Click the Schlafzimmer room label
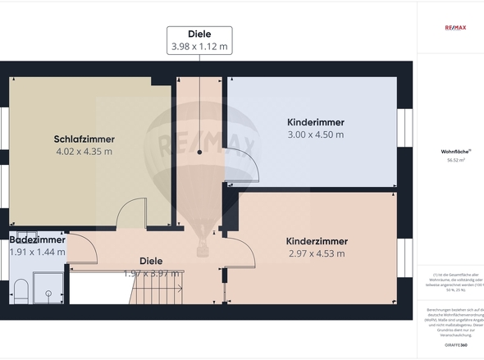coord(84,139)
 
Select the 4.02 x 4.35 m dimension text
coord(84,152)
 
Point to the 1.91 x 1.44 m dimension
coord(37,252)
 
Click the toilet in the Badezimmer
coord(21,289)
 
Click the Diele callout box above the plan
coord(199,39)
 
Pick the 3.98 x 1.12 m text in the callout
coord(199,47)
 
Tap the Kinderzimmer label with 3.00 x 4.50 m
coord(315,121)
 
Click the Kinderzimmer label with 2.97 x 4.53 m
coord(317,241)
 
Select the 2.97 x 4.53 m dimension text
coord(317,254)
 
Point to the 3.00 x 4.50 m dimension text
coord(315,134)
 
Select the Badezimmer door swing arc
coord(82,249)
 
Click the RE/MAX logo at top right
coord(455,28)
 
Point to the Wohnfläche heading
coord(455,152)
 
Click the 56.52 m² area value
coord(455,161)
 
